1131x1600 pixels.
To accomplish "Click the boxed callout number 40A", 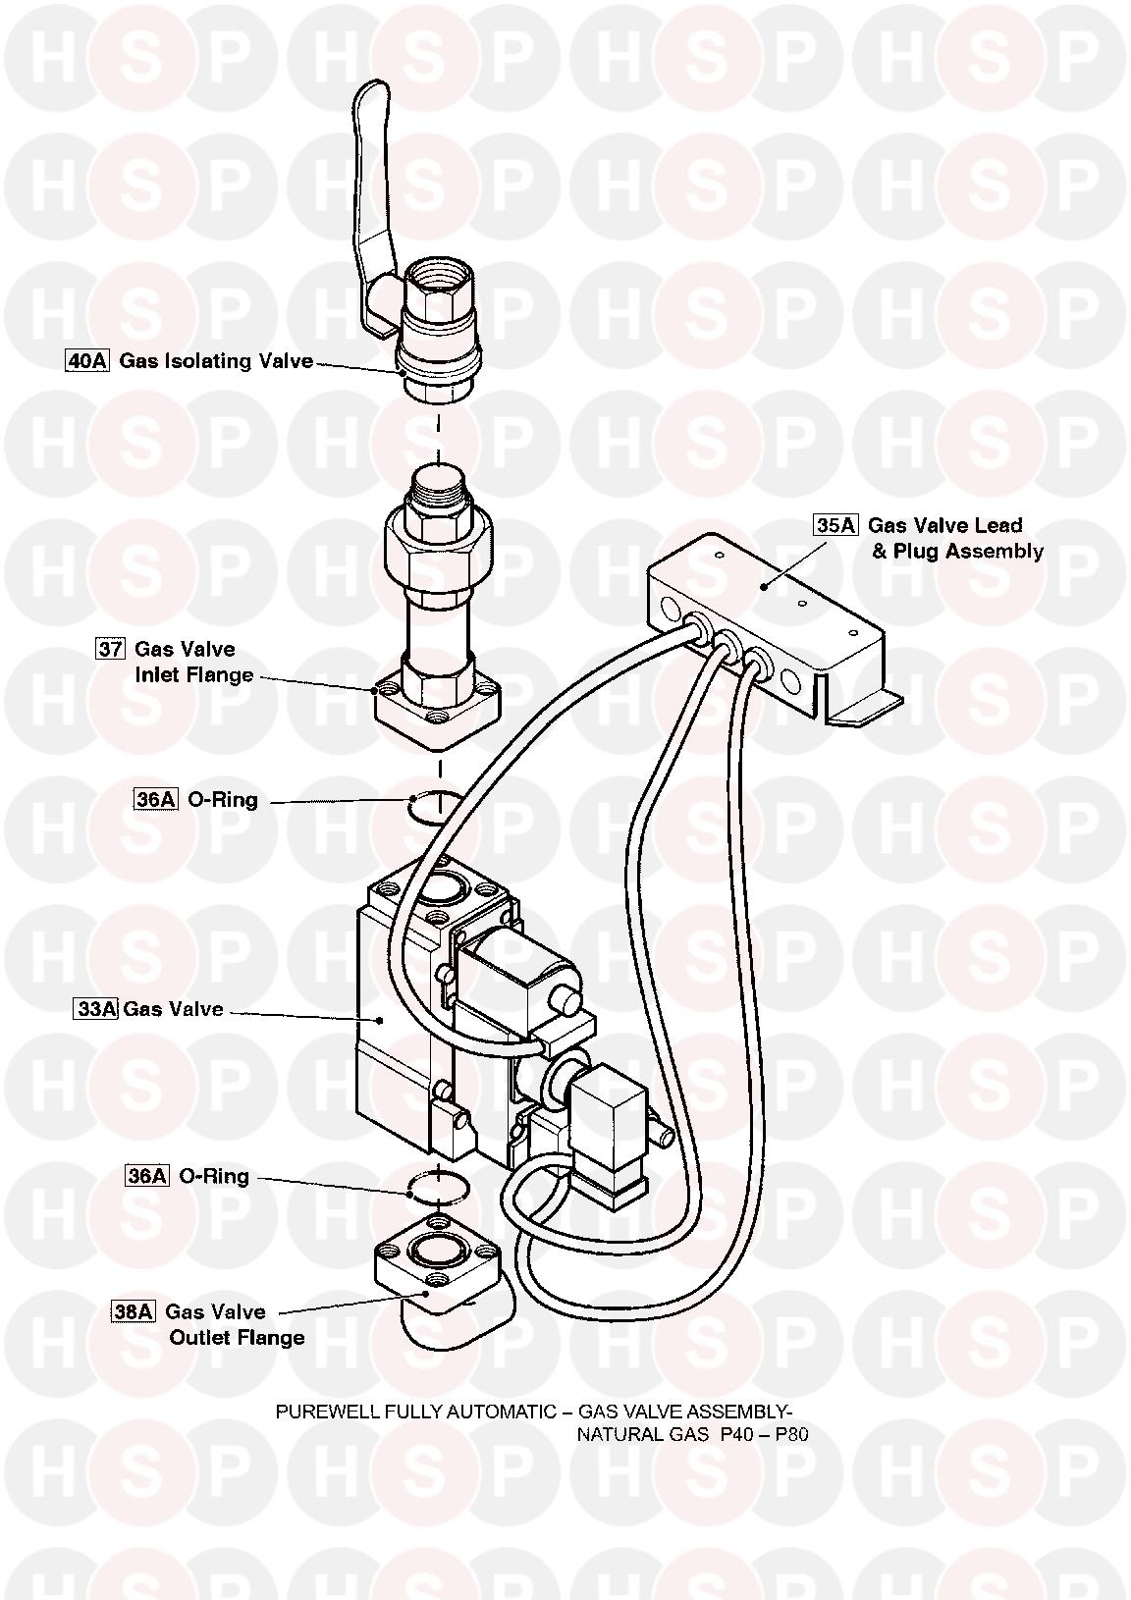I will [x=86, y=361].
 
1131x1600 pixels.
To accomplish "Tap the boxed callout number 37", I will [x=110, y=649].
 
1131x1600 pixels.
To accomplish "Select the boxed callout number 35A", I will [x=835, y=525].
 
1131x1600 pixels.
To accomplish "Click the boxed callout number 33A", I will [x=96, y=1009].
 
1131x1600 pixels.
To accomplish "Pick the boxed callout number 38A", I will [x=134, y=1311].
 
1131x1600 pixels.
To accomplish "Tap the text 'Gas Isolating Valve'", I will [x=216, y=361].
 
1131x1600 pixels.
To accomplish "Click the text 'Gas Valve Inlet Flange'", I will [x=192, y=663].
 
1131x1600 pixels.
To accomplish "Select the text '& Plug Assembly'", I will [x=957, y=552].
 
